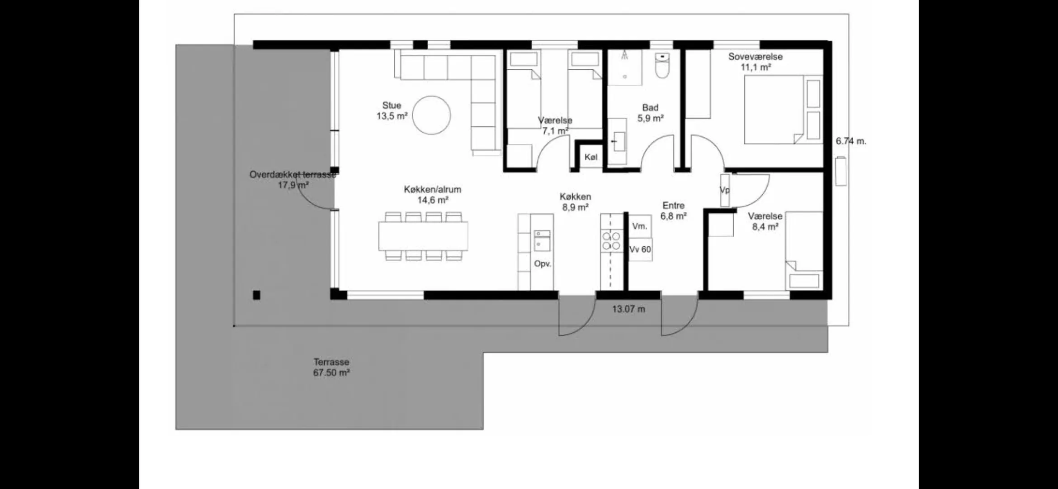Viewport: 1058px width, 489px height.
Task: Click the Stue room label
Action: pos(392,105)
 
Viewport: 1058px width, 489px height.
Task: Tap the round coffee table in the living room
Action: pos(432,115)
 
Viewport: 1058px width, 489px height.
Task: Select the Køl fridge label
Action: pos(591,157)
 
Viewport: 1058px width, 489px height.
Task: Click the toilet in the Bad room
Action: pos(662,66)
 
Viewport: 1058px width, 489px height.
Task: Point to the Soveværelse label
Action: pos(755,57)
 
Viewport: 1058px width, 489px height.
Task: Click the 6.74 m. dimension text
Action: pos(851,141)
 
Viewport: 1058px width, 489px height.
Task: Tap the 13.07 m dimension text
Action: pos(628,309)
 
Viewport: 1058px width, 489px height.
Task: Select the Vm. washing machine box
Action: pos(640,225)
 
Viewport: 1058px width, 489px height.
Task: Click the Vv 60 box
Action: pos(640,249)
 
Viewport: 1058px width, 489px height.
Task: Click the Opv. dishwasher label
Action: pos(543,264)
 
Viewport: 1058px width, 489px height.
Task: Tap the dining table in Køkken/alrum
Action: pos(423,236)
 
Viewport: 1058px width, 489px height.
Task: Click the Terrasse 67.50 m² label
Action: pos(331,368)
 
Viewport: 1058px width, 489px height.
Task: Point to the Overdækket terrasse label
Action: pos(293,175)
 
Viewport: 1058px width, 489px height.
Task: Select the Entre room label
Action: pos(674,206)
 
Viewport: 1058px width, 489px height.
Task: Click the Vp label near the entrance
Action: pos(724,190)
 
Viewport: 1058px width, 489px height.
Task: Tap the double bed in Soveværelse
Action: pos(784,110)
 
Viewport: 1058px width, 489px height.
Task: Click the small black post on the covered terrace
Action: pos(256,295)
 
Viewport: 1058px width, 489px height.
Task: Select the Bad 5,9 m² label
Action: pos(650,113)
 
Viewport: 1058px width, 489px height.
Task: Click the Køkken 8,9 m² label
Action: pos(575,202)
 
